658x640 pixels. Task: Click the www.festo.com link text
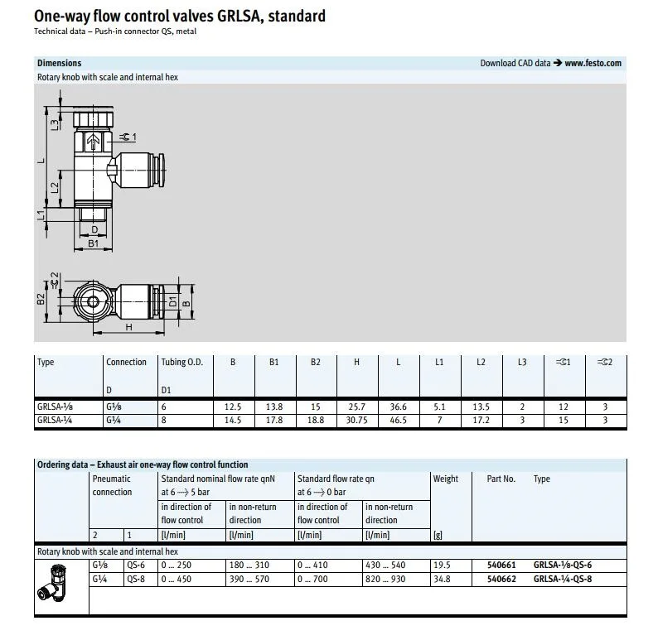coord(593,63)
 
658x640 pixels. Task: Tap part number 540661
coord(501,565)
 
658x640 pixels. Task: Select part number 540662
coord(501,579)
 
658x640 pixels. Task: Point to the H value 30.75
coord(356,420)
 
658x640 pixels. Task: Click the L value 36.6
coord(398,407)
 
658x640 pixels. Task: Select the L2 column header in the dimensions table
coord(481,362)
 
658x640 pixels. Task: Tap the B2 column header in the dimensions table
coord(315,362)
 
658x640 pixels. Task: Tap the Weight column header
coord(445,479)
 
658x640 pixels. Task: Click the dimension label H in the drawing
coord(129,327)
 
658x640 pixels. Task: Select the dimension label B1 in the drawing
coord(94,243)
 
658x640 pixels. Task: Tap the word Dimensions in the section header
coord(59,63)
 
